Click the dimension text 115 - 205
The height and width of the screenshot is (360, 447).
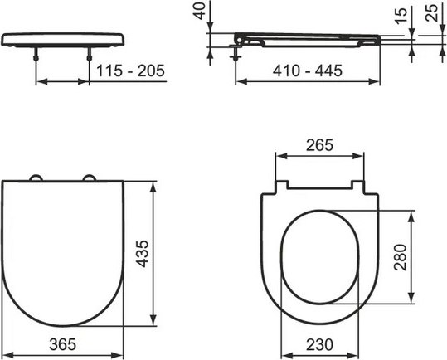[130, 71]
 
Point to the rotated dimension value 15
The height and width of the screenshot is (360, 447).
[400, 15]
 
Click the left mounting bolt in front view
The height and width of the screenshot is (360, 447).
[38, 57]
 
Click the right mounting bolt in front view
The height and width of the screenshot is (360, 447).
[89, 57]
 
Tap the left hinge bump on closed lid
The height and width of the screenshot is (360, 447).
[37, 178]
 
